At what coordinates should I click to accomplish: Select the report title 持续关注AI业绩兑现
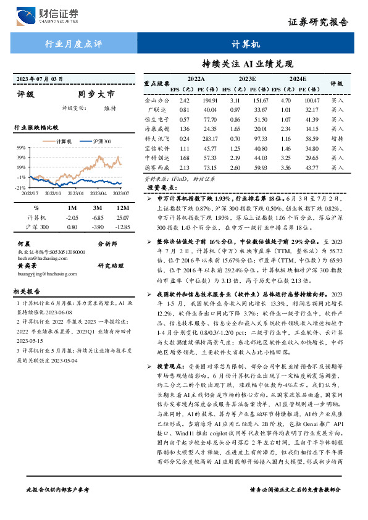(248, 64)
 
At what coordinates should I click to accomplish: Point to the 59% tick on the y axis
(20, 148)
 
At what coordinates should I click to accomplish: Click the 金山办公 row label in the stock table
(156, 99)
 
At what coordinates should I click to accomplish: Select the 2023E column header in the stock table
(247, 80)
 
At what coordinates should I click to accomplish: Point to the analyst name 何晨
(25, 245)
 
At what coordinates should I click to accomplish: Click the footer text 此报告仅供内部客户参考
(58, 506)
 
